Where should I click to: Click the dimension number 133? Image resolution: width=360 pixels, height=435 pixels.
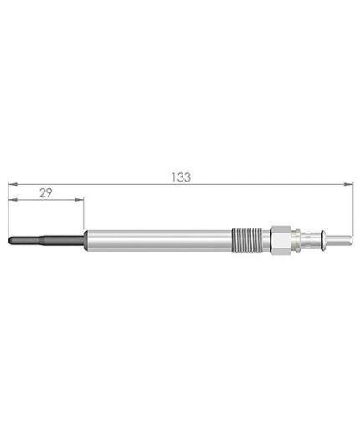pos(180,177)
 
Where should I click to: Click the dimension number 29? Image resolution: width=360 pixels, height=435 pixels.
pos(46,192)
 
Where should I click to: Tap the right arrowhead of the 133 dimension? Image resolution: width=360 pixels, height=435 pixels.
pos(347,183)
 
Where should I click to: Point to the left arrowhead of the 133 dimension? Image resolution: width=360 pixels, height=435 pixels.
pos(12,183)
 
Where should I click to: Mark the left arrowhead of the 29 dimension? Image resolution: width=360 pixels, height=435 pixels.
pos(12,200)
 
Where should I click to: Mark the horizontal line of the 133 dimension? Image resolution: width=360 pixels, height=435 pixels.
pos(251,183)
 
